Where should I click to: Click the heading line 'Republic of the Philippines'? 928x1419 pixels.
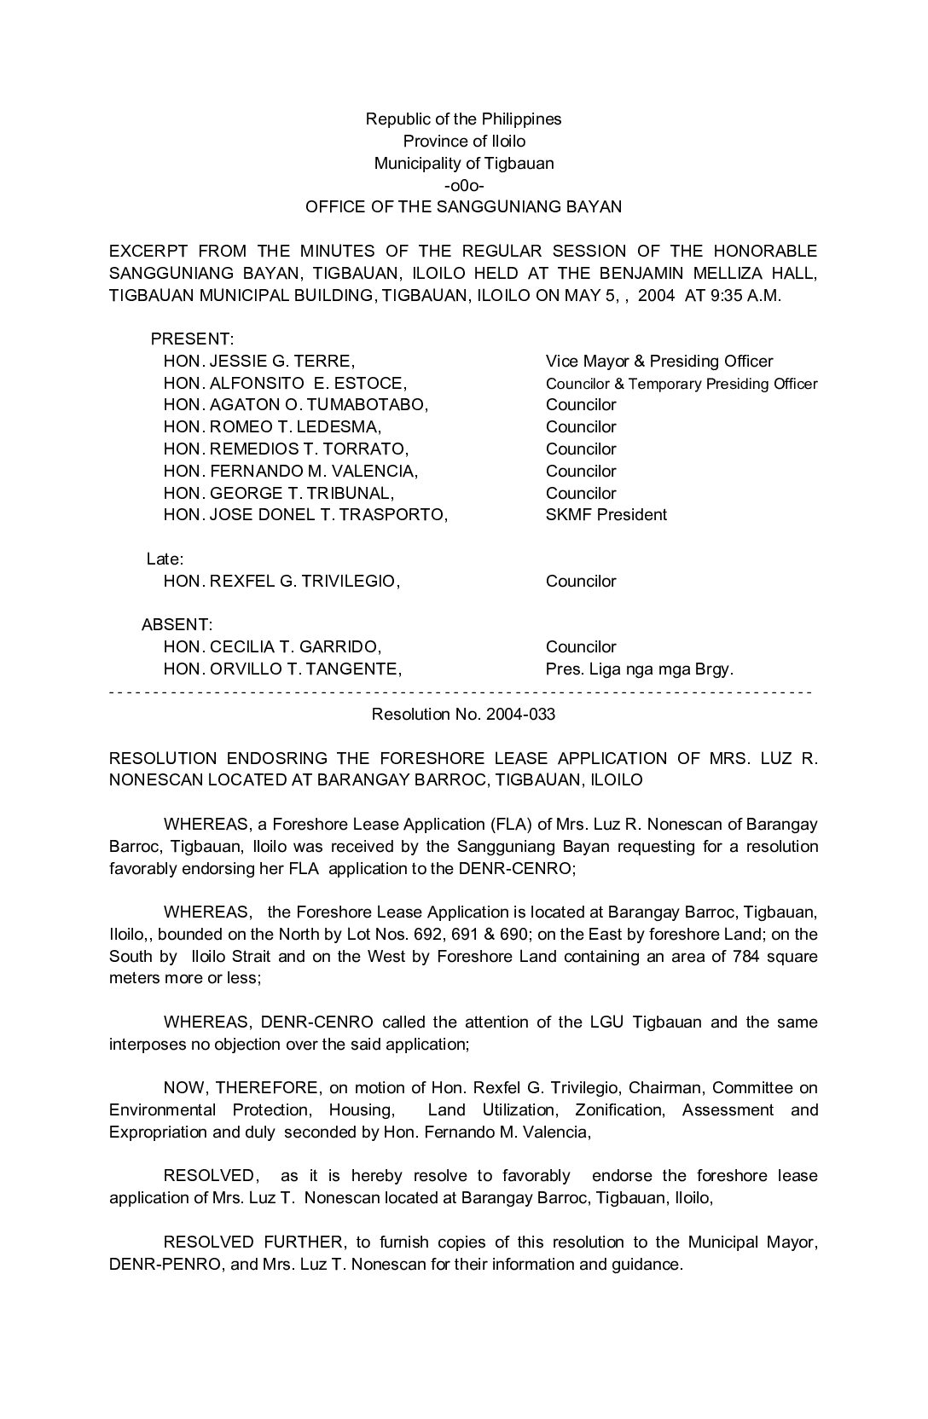pos(463,119)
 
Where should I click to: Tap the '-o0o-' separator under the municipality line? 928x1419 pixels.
pos(464,185)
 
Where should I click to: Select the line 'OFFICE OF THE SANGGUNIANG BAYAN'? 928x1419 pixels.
pos(463,207)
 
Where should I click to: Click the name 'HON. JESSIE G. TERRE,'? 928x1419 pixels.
pos(258,362)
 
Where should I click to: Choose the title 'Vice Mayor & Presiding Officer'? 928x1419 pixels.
pos(659,362)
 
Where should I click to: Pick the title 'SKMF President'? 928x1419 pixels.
pos(606,515)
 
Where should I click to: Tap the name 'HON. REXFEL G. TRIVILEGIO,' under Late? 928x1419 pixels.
pos(281,582)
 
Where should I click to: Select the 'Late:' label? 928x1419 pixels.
pos(165,559)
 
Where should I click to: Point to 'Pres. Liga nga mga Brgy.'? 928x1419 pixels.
pos(640,669)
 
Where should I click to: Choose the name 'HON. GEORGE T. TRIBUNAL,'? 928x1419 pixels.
pos(279,494)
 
